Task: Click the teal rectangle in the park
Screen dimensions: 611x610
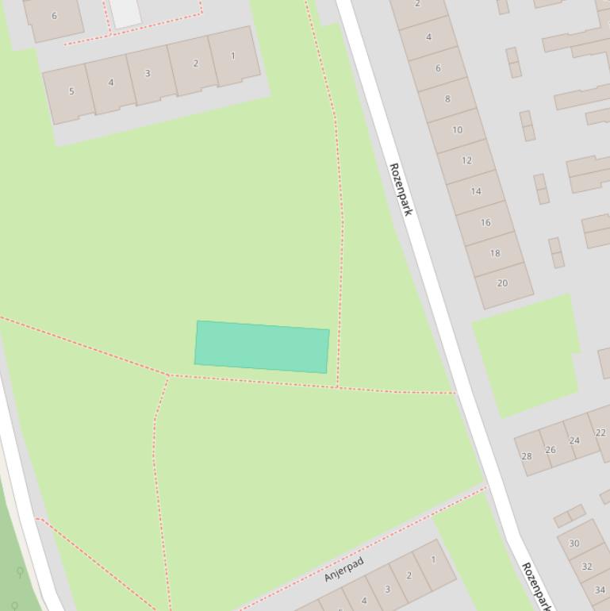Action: tap(262, 347)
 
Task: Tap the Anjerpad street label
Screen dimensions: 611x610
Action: tap(343, 569)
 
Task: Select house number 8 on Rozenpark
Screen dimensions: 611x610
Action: tap(447, 99)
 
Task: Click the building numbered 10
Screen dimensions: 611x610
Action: tap(457, 130)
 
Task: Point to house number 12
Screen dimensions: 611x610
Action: tap(466, 160)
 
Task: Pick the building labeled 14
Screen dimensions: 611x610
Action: tap(476, 191)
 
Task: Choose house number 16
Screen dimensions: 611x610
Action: tap(485, 222)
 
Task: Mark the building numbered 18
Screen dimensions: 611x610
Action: tap(495, 253)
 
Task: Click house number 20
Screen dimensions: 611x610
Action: tap(502, 283)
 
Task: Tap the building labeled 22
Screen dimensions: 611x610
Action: tap(600, 432)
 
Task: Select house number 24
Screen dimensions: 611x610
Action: tap(574, 440)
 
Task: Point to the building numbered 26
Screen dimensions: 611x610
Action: tap(551, 449)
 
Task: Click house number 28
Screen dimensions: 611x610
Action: tap(527, 456)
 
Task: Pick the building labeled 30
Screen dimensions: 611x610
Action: tap(574, 544)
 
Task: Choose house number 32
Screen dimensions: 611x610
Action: tap(587, 567)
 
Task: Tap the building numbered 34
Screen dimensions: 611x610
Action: tap(600, 590)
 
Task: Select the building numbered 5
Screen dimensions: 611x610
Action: tap(71, 91)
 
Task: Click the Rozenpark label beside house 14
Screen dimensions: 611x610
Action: tap(401, 190)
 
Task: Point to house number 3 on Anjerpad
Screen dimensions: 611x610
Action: tap(387, 589)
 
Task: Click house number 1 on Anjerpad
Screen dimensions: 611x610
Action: tap(433, 559)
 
